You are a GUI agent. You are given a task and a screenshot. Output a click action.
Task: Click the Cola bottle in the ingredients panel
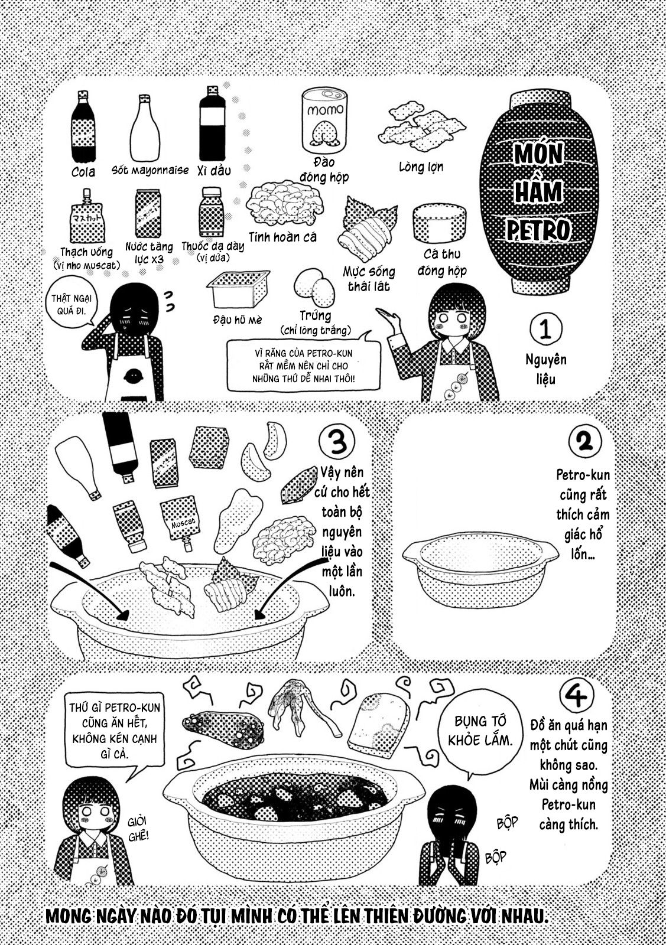coord(83,127)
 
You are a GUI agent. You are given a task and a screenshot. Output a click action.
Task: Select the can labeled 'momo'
coord(323,123)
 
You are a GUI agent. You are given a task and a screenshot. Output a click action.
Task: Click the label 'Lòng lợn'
coord(421,167)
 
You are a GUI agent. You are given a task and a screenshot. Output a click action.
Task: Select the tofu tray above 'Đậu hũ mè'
coord(238,289)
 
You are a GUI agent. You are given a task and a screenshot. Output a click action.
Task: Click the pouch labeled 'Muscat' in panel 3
coord(181,522)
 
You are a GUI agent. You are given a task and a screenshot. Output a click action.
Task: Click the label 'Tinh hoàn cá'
coord(282,237)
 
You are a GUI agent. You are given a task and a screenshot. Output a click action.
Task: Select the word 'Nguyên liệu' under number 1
coord(545,369)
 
